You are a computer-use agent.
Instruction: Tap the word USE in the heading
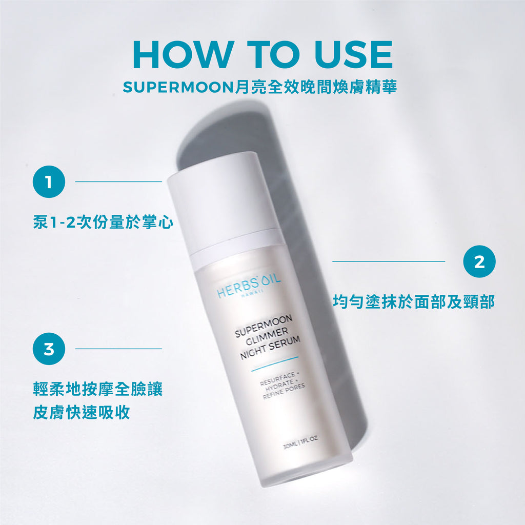click(353, 54)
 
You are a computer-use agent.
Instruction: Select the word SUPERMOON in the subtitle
click(178, 87)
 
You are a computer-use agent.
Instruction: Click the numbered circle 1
click(49, 182)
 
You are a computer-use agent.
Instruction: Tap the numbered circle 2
click(479, 261)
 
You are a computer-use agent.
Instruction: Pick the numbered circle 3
click(49, 349)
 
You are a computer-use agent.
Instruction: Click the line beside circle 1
click(118, 182)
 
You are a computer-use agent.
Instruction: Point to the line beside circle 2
click(389, 261)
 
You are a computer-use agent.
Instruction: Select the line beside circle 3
click(118, 349)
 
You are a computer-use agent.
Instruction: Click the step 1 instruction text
click(103, 222)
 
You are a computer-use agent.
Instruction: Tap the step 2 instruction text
click(414, 301)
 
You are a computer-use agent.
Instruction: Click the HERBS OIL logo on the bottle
click(249, 287)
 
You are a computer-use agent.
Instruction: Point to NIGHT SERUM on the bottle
click(270, 348)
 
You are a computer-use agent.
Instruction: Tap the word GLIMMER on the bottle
click(267, 336)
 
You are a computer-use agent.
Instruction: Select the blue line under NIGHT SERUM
click(275, 364)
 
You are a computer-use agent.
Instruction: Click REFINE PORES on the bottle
click(284, 391)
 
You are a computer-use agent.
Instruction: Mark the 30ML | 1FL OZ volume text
click(300, 442)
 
